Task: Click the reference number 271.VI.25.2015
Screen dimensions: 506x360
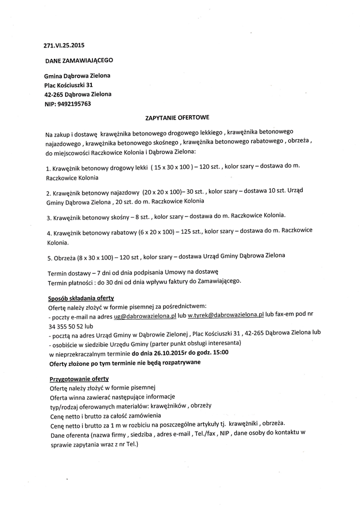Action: click(x=64, y=45)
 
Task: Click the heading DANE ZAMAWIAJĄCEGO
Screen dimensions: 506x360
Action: click(x=79, y=60)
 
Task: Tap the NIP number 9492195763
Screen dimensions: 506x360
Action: click(x=74, y=104)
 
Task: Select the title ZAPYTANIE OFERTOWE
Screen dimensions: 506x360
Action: click(x=177, y=118)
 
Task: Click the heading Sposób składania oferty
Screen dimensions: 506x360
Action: click(x=81, y=298)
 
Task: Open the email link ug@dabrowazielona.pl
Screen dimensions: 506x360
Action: click(x=145, y=315)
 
